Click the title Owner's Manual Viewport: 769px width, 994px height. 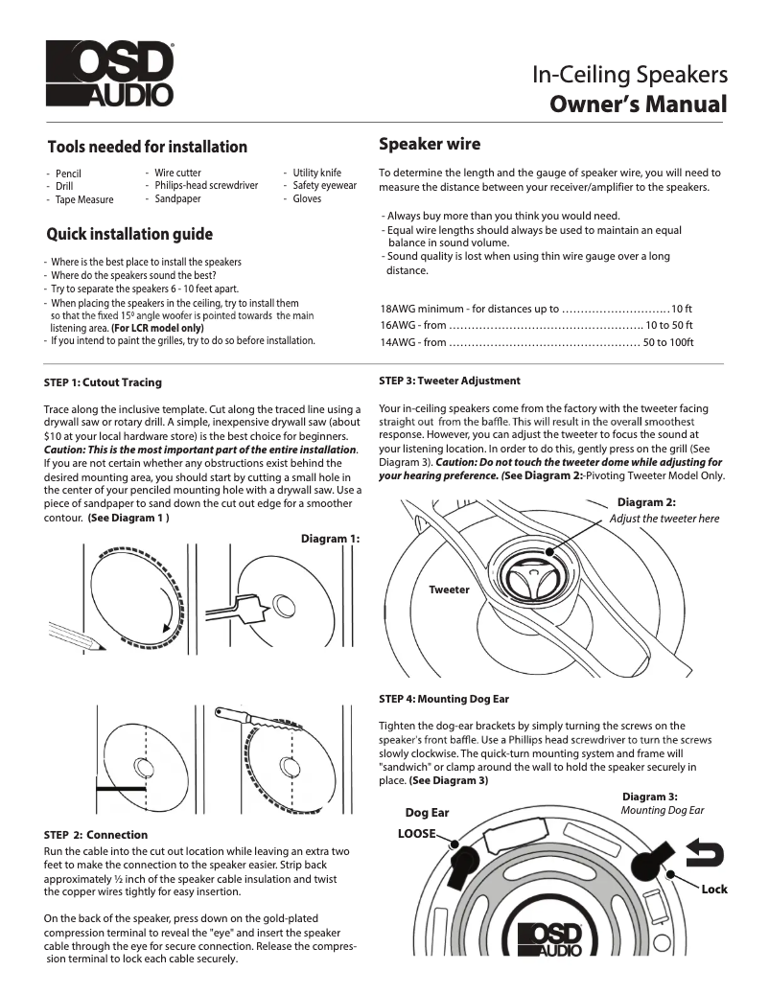click(x=639, y=104)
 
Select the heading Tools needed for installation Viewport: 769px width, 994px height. click(x=148, y=147)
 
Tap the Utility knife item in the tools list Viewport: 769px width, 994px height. click(x=316, y=173)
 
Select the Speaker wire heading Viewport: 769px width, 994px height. click(x=430, y=145)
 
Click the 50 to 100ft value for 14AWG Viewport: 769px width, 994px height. click(x=668, y=342)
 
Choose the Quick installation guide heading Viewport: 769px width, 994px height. click(x=130, y=234)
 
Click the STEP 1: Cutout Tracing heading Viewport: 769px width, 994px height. click(x=103, y=382)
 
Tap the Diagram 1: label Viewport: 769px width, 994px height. click(x=330, y=539)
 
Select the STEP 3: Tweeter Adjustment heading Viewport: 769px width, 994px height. click(x=450, y=381)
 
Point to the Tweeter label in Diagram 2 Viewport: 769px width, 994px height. click(x=449, y=589)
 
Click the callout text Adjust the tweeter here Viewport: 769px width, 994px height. click(x=664, y=519)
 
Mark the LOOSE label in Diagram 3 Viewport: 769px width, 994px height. click(x=417, y=834)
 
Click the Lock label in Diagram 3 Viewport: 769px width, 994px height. click(x=714, y=890)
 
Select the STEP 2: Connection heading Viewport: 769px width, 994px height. click(x=97, y=834)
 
